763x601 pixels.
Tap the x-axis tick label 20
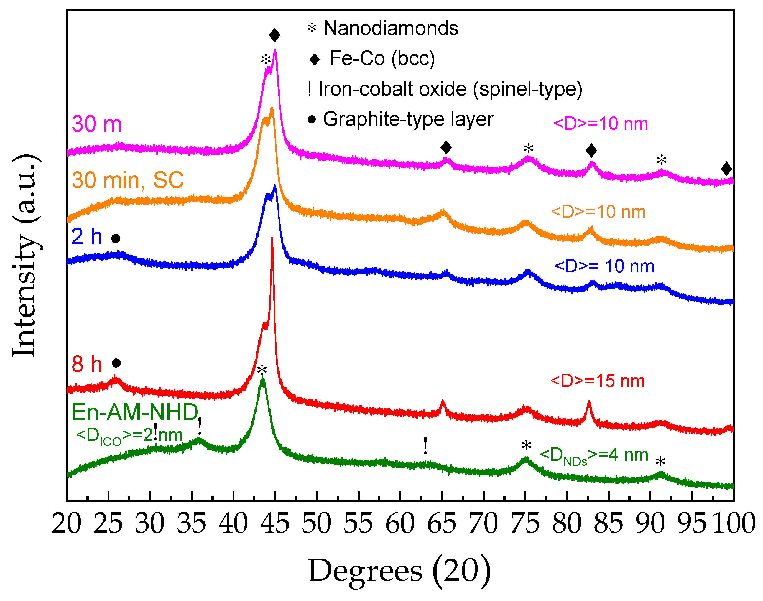coord(67,524)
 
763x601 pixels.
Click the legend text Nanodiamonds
coord(391,28)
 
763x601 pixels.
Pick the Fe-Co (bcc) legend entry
coord(382,58)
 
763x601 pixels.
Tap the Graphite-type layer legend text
coord(408,119)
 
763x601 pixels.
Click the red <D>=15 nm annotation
coord(597,381)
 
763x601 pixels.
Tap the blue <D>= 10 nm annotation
coord(604,266)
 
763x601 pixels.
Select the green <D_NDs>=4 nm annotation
coord(594,455)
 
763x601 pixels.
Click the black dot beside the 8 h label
coord(116,363)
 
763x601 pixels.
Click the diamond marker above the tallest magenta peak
coord(275,35)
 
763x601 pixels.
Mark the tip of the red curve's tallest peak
coord(272,239)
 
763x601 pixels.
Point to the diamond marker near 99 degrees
coord(726,169)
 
